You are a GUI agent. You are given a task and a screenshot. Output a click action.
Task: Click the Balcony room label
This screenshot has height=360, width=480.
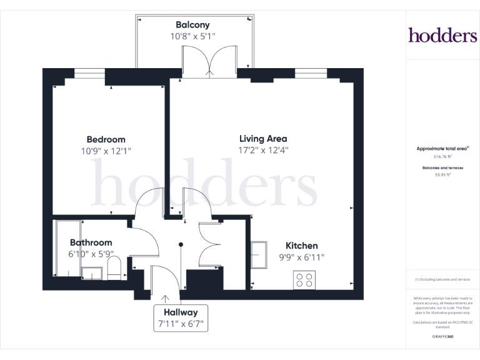[x=192, y=25]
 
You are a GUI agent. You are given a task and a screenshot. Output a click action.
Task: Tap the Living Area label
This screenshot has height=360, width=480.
[x=263, y=138]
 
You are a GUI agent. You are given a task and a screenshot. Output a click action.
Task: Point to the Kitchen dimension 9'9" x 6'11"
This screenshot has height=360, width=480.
[x=301, y=257]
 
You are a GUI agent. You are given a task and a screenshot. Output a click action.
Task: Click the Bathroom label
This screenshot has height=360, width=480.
[x=91, y=242]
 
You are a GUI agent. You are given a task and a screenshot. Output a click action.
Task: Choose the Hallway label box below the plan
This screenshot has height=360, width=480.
[x=181, y=318]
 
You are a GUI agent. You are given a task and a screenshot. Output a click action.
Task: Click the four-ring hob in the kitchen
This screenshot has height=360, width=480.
[x=305, y=279]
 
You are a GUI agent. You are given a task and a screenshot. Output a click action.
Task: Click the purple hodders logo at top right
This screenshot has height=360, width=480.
[x=442, y=35]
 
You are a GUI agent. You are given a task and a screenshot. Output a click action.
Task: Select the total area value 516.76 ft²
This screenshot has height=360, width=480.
[x=442, y=157]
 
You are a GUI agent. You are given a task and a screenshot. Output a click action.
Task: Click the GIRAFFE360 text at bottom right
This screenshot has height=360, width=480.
[x=442, y=337]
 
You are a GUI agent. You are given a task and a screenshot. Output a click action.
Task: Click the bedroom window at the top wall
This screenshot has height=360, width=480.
[x=89, y=72]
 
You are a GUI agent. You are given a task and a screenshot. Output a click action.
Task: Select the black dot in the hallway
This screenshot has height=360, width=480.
[x=181, y=244]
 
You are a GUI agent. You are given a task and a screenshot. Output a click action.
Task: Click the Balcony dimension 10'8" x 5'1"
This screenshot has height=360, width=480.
[x=192, y=37]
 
